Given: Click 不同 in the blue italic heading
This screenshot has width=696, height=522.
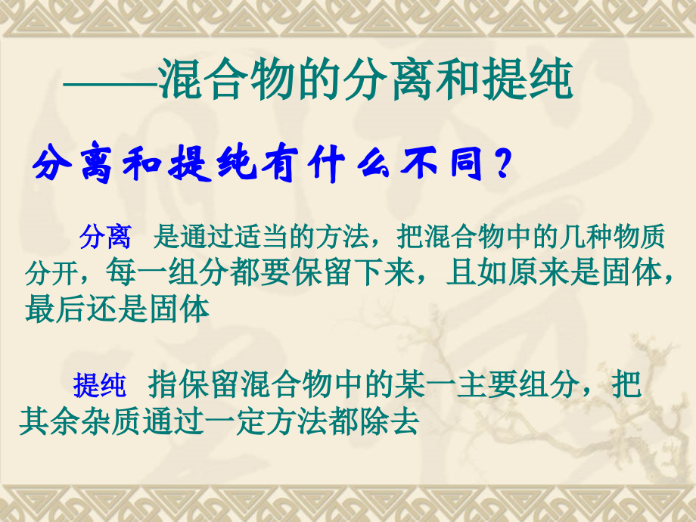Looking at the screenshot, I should (443, 165).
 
